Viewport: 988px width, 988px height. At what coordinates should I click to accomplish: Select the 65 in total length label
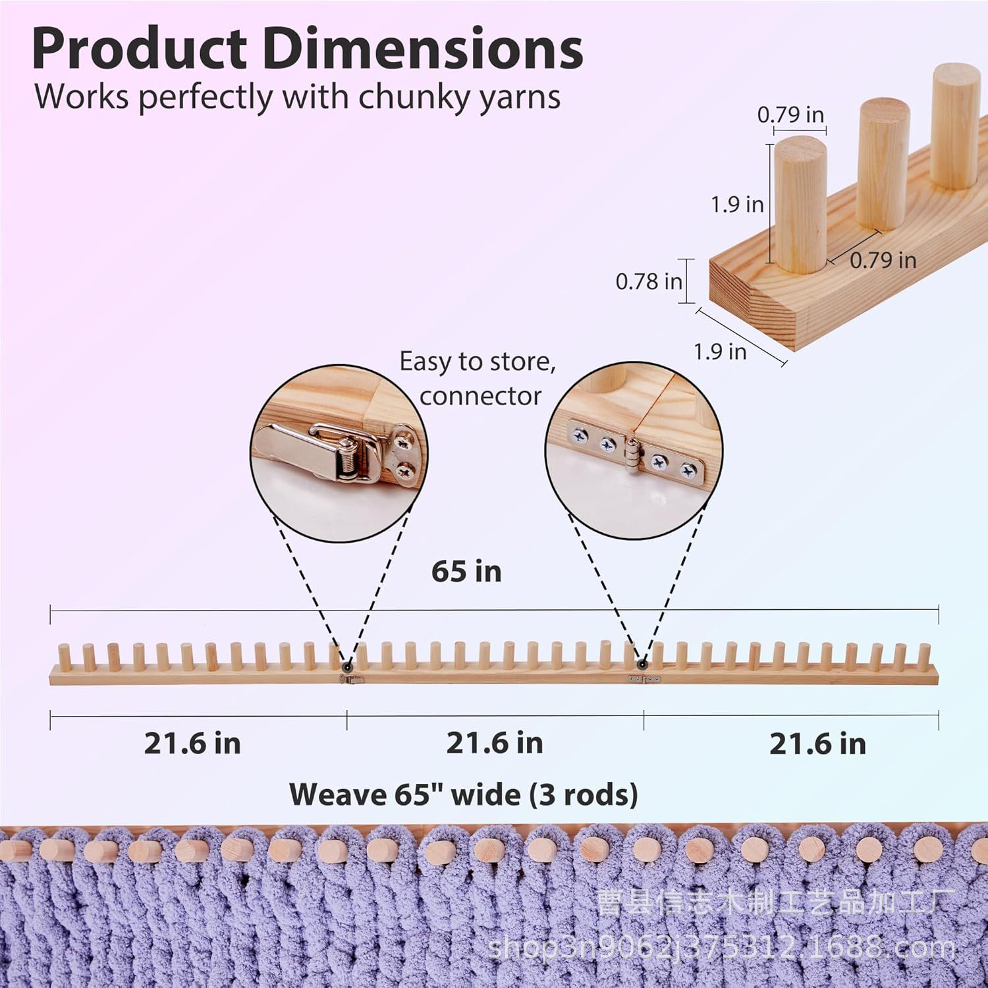[x=466, y=571]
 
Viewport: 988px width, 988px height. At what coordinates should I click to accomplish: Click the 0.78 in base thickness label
[x=649, y=282]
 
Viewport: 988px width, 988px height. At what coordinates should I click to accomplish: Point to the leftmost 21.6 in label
[x=192, y=744]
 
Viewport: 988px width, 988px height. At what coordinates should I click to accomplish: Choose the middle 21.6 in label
[x=495, y=743]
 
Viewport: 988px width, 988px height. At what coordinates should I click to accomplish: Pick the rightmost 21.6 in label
[x=817, y=744]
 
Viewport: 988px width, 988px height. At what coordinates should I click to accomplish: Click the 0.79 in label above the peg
[x=790, y=115]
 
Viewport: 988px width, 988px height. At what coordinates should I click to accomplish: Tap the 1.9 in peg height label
[x=737, y=204]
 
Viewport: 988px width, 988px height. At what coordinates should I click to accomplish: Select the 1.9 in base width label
[x=720, y=352]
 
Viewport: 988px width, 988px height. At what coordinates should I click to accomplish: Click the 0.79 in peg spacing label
[x=883, y=260]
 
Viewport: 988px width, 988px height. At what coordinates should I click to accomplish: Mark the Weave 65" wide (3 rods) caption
[x=464, y=794]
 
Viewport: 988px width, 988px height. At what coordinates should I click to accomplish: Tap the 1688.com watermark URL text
[x=722, y=948]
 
